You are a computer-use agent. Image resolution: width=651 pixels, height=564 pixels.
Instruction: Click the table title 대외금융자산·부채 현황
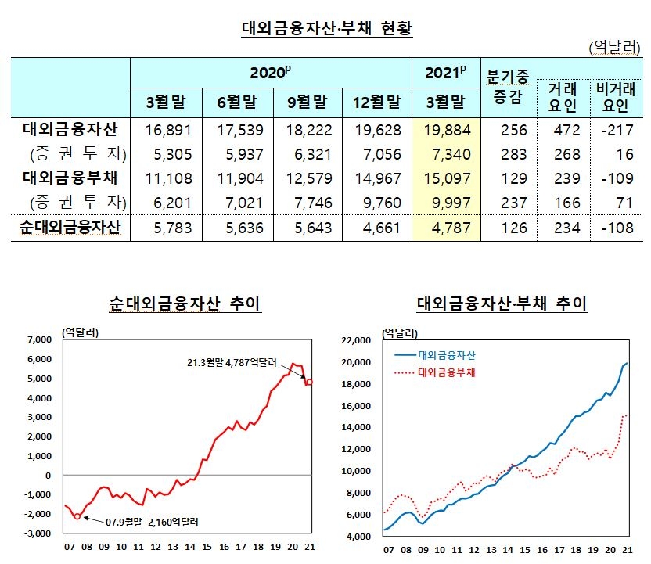pyautogui.click(x=326, y=30)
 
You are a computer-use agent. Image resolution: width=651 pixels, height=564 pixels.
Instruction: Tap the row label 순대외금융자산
pyautogui.click(x=70, y=228)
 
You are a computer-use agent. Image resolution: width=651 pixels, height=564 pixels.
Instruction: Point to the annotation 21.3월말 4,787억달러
pyautogui.click(x=232, y=363)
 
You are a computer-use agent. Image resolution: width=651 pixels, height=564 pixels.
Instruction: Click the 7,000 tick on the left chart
pyautogui.click(x=38, y=340)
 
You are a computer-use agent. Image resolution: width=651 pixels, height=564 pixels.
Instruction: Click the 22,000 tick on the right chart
pyautogui.click(x=360, y=340)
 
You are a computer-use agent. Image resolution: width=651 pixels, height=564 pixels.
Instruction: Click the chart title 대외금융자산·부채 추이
pyautogui.click(x=502, y=304)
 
